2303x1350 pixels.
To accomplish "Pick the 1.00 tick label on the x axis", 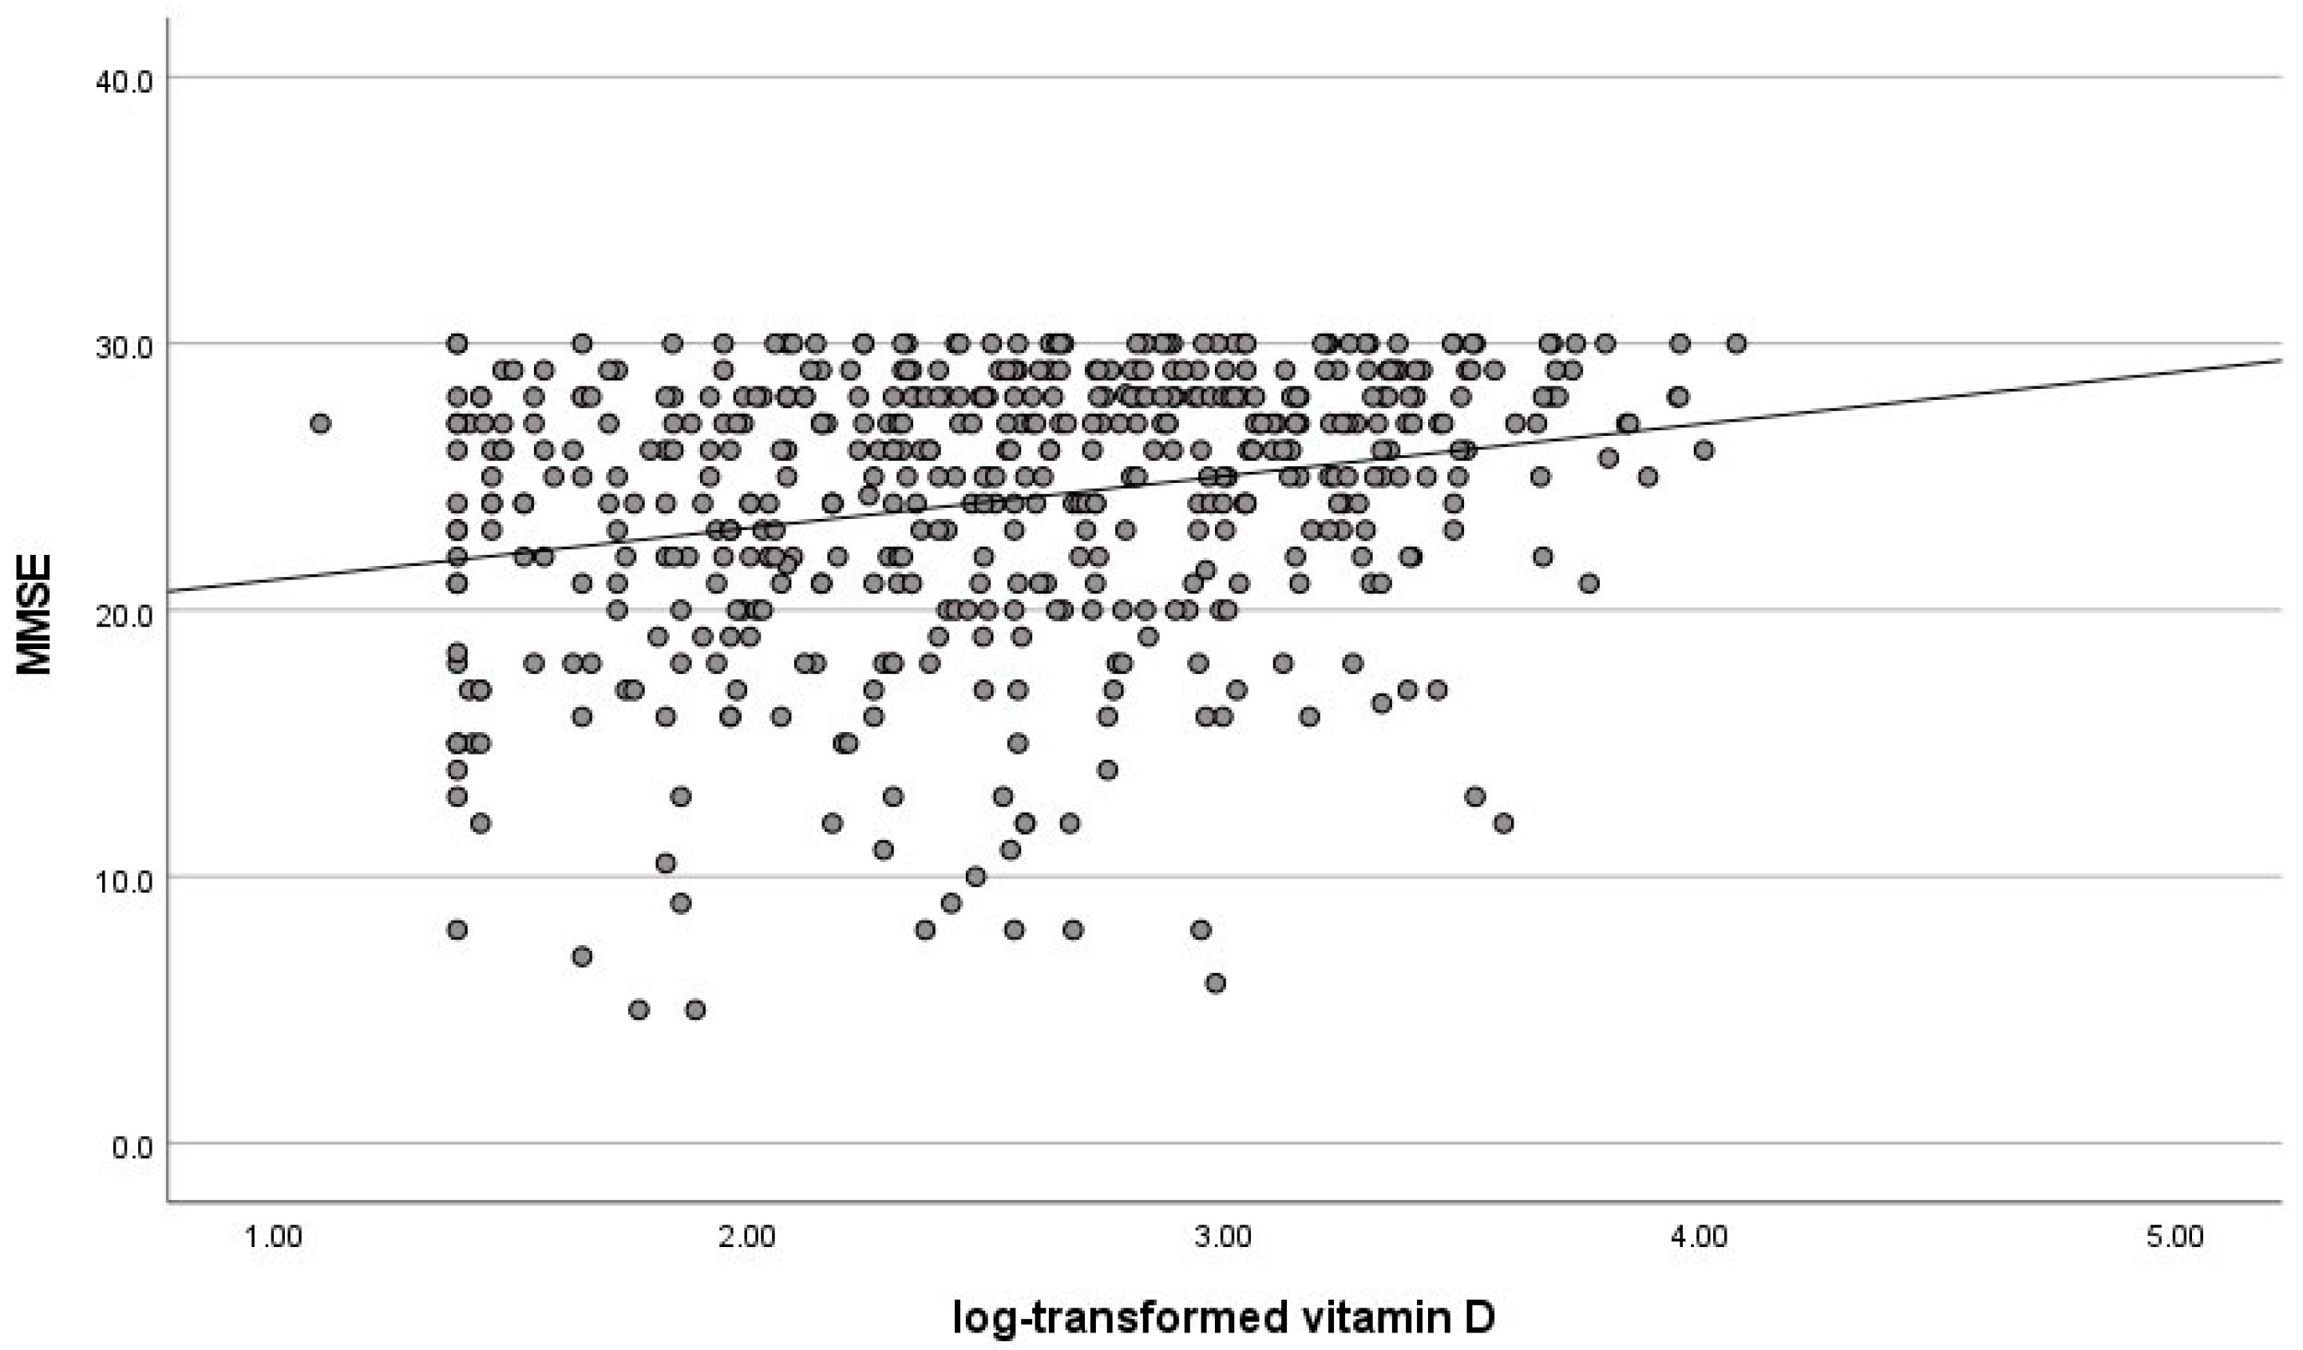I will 271,1237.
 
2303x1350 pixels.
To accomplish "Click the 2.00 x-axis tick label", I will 747,1237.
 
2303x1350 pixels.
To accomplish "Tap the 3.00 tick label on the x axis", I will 1223,1237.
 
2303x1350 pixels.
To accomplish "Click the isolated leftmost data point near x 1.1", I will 320,423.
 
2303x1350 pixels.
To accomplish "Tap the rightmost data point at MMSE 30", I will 1736,343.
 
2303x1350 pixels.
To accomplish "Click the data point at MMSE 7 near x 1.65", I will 581,956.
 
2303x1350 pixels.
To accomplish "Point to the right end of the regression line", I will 2279,359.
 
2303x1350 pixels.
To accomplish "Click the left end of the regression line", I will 171,592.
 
